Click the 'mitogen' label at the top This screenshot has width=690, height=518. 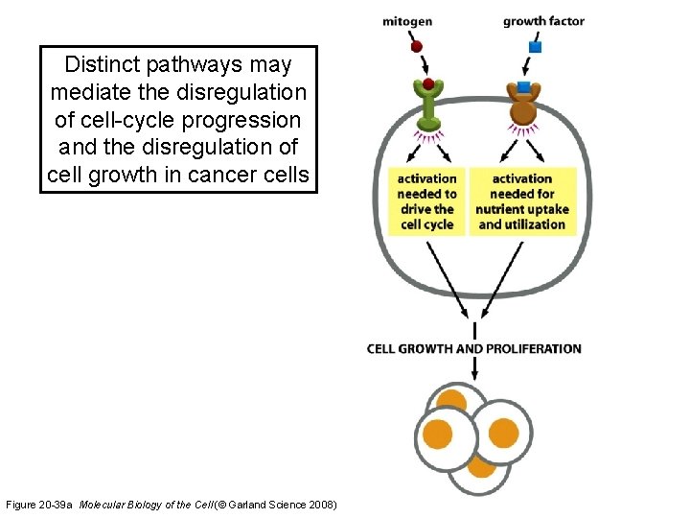(x=407, y=21)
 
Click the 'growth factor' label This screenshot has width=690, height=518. (x=543, y=21)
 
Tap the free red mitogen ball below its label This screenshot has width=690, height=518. (x=416, y=46)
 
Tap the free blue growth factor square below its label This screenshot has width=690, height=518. (x=536, y=47)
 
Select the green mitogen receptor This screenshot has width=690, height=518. (x=428, y=106)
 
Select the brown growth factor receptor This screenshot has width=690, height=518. (x=523, y=106)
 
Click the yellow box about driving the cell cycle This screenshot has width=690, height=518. (x=426, y=201)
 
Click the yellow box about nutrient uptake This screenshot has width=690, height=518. (x=523, y=201)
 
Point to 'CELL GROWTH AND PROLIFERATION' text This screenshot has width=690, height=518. (x=474, y=348)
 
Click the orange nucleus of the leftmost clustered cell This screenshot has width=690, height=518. (x=438, y=434)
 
